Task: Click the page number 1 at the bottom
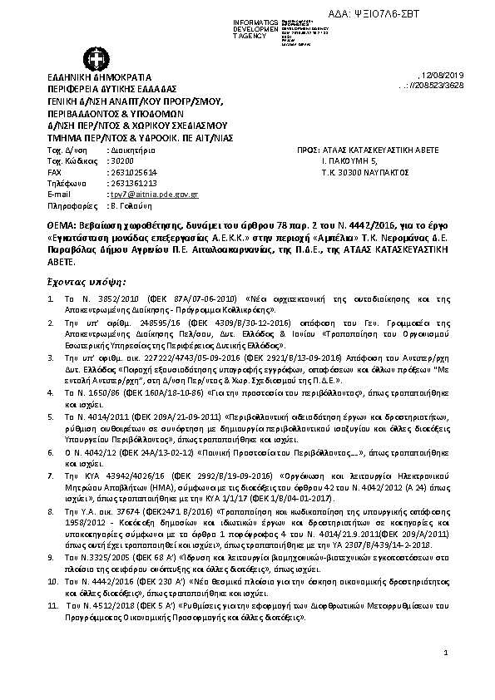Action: [446, 656]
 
